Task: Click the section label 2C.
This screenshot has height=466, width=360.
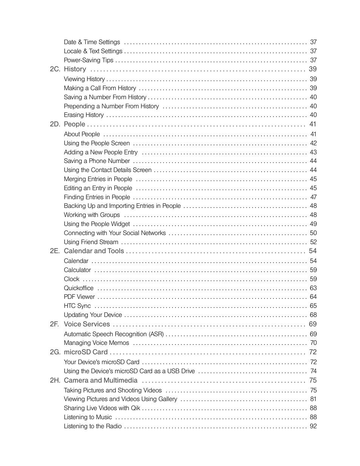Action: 55,69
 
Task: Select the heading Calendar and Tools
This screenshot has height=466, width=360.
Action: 94,251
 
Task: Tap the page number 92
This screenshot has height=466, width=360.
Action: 313,426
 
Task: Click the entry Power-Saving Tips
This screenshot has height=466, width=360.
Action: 88,60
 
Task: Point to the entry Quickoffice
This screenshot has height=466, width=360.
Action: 78,288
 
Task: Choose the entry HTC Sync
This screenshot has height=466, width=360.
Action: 77,306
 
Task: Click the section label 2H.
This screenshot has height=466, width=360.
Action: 55,380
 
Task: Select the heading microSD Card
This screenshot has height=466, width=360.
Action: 86,352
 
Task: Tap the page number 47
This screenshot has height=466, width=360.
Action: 313,197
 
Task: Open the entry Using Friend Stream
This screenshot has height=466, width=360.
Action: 91,242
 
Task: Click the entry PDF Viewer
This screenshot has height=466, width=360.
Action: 79,297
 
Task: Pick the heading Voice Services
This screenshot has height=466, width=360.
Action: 87,324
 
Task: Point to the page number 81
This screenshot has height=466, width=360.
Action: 313,399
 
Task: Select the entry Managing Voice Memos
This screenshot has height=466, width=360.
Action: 96,343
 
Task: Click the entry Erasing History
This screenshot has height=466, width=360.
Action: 84,115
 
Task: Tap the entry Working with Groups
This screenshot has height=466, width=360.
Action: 92,215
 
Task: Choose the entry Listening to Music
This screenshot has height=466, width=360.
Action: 88,417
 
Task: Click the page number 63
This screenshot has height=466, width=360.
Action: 313,288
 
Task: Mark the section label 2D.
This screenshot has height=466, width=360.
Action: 55,124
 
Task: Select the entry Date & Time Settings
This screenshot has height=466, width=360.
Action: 92,42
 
